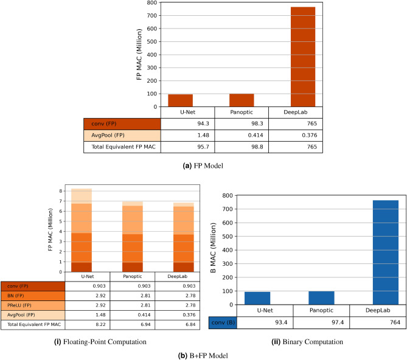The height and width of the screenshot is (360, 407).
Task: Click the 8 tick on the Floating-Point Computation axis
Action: coord(61,191)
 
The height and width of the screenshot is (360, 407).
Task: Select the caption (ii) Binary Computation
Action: coord(308,342)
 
